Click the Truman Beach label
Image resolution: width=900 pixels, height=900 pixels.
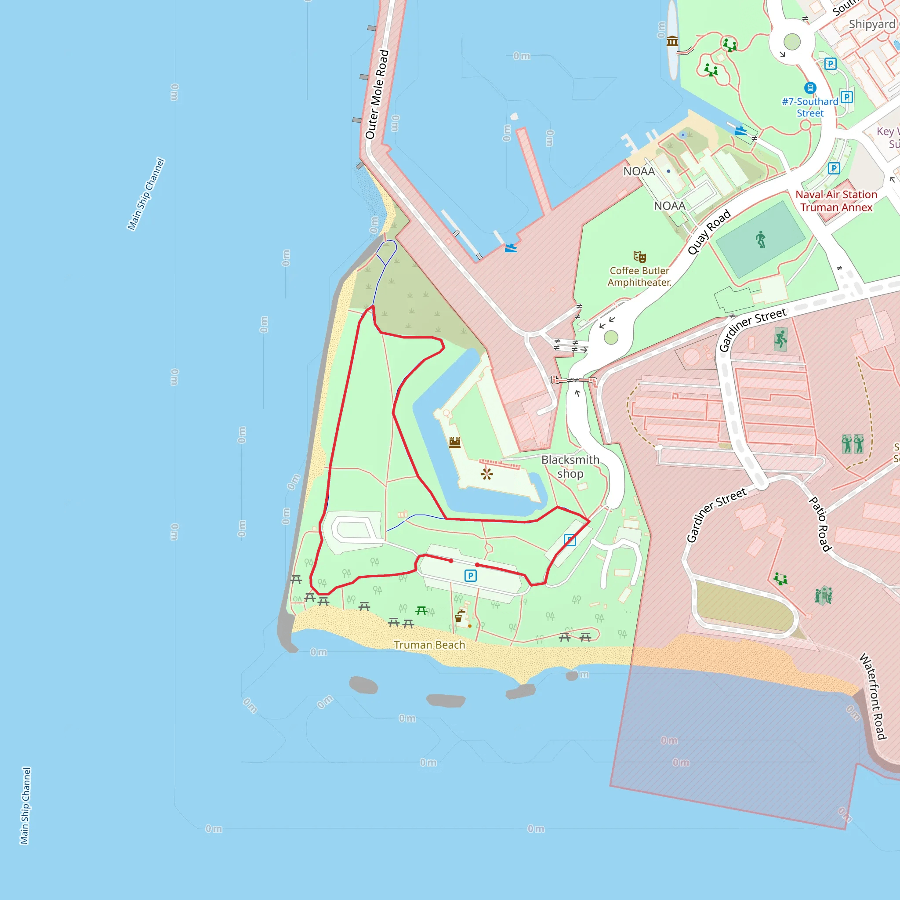tap(429, 645)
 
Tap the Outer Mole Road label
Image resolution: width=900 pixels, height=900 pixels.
tap(377, 94)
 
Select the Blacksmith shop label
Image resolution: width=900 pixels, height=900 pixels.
tap(570, 466)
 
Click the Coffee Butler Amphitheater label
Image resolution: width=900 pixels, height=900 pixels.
tap(639, 276)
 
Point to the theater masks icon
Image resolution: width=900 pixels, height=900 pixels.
tap(639, 256)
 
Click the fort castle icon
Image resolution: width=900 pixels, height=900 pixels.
tap(455, 442)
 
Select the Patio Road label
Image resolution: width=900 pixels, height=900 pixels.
tap(820, 524)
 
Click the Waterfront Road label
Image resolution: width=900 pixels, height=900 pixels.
tap(872, 696)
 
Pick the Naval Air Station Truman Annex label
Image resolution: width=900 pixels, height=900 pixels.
tap(836, 201)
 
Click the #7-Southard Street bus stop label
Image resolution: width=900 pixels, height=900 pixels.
tap(810, 107)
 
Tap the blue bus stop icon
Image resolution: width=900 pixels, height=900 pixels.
tap(810, 87)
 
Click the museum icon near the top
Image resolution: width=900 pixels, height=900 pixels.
tap(672, 41)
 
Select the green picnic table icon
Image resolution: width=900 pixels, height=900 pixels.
tap(421, 610)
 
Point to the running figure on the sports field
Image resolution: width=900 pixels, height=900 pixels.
tap(761, 240)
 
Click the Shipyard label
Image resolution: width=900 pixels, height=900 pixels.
tap(872, 24)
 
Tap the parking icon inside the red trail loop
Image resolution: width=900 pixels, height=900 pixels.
tap(471, 576)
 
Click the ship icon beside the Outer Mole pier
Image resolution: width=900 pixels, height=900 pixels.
tap(511, 248)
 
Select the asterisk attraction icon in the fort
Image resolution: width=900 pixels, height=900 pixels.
tap(487, 474)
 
